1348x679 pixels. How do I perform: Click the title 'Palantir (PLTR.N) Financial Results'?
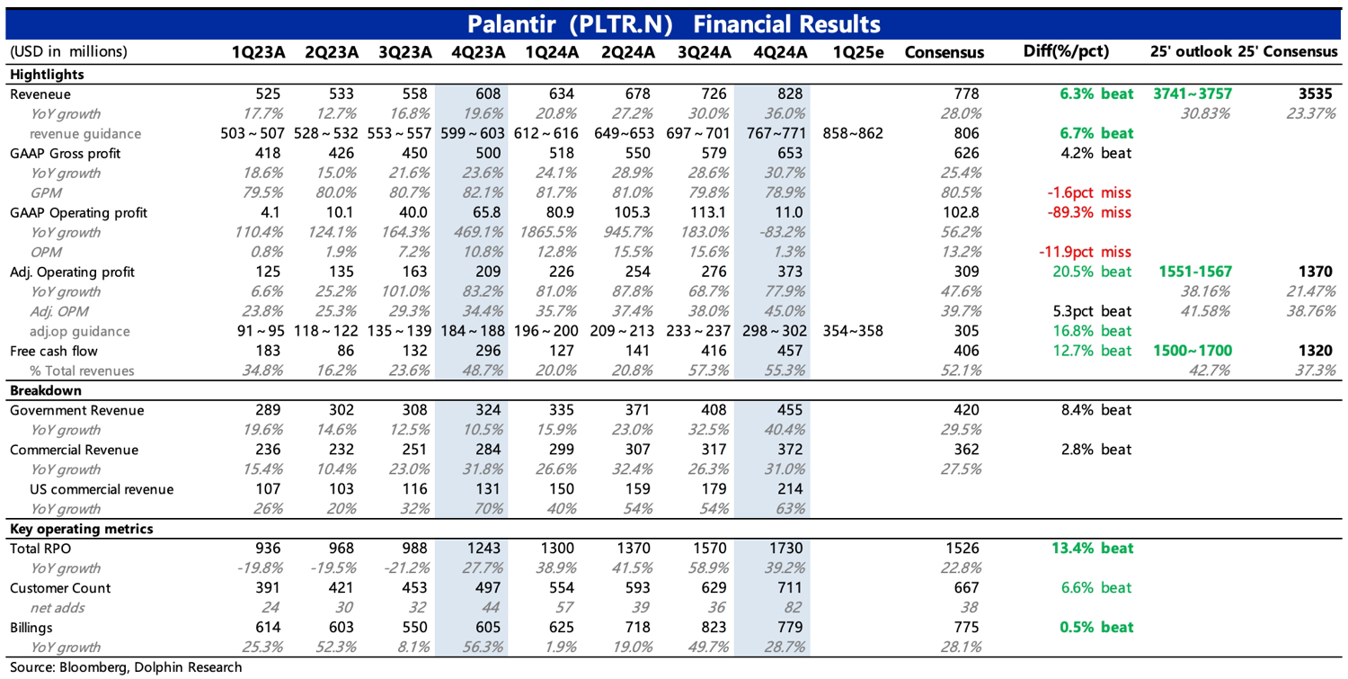point(673,24)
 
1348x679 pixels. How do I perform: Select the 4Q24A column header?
point(780,52)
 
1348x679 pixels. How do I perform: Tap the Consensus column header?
point(944,52)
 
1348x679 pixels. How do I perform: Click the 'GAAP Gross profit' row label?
point(65,154)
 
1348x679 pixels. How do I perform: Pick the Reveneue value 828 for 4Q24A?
point(790,94)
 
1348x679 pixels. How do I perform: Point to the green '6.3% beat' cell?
point(1096,94)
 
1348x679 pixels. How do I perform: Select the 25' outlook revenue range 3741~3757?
point(1193,94)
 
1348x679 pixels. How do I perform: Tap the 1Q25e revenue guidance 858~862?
point(853,133)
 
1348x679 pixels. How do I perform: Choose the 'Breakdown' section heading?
point(46,390)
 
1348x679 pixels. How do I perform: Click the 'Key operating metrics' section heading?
point(81,529)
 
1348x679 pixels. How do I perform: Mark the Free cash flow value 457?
point(790,351)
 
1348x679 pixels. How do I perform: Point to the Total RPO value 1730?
point(786,549)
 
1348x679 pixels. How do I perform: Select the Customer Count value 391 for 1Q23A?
point(268,588)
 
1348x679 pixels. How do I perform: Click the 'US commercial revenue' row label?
point(102,489)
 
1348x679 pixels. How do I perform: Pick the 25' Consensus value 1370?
point(1315,272)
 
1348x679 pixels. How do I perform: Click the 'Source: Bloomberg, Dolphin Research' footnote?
point(126,667)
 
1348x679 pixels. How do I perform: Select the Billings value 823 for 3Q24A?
point(714,627)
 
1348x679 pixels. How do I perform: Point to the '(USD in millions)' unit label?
point(68,52)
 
